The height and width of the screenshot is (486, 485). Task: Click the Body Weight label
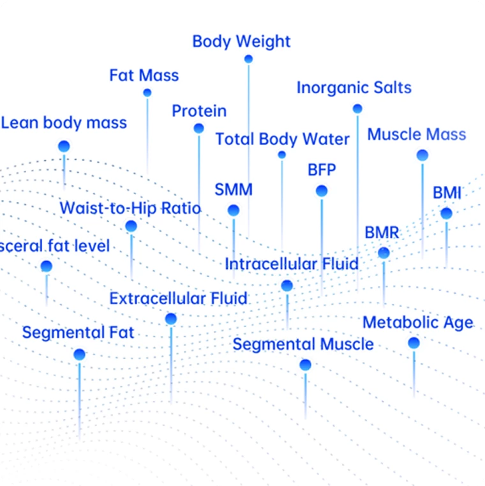[x=241, y=42]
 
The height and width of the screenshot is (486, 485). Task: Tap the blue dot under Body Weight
[x=248, y=59]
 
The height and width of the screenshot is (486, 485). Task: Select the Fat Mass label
[x=144, y=75]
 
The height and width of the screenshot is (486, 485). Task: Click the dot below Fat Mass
[x=147, y=93]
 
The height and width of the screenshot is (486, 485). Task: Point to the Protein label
[x=199, y=111]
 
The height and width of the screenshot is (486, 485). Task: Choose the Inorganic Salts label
[x=354, y=88]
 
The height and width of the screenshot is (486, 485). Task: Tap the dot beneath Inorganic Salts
[x=357, y=109]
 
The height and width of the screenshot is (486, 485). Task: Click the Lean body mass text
[x=64, y=123]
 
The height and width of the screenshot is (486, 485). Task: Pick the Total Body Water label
[x=283, y=139]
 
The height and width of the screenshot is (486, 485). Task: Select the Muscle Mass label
[x=417, y=135]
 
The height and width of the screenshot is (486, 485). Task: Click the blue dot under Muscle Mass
[x=422, y=155]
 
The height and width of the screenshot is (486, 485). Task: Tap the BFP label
[x=322, y=171]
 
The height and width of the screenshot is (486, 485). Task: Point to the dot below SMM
[x=234, y=210]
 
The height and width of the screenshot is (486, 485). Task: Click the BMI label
[x=447, y=193]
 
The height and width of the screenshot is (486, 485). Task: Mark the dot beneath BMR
[x=384, y=253]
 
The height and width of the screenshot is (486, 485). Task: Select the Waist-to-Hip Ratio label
[x=130, y=208]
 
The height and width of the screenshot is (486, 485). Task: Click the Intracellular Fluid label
[x=292, y=264]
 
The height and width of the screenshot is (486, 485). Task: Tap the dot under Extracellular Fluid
[x=170, y=319]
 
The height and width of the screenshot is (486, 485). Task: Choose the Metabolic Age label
[x=418, y=323]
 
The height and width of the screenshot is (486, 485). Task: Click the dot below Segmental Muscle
[x=306, y=365]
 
